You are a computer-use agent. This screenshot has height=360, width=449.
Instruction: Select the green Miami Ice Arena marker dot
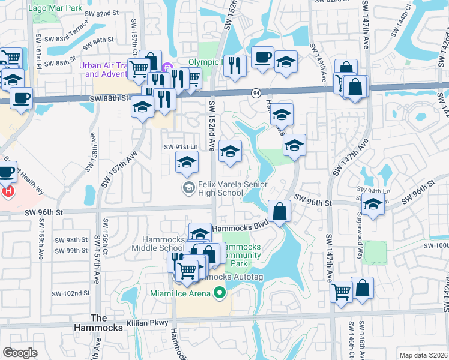pyautogui.click(x=220, y=293)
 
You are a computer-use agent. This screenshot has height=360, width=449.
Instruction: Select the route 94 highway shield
pyautogui.click(x=256, y=92)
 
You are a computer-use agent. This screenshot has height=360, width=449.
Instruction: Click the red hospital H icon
pyautogui.click(x=8, y=192)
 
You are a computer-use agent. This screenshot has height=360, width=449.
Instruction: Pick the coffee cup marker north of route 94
pyautogui.click(x=263, y=58)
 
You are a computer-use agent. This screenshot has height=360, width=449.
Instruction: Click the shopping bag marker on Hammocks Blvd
pyautogui.click(x=280, y=211)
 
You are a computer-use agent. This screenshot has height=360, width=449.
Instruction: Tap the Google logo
pyautogui.click(x=20, y=353)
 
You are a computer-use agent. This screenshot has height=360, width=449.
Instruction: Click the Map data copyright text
pyautogui.click(x=423, y=355)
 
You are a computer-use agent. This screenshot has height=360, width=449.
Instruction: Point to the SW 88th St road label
pyautogui.click(x=109, y=97)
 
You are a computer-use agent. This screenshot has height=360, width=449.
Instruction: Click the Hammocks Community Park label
pyautogui.click(x=240, y=255)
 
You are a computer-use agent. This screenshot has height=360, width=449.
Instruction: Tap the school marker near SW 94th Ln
pyautogui.click(x=373, y=205)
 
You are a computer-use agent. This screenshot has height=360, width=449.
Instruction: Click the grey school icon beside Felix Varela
pyautogui.click(x=188, y=188)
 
